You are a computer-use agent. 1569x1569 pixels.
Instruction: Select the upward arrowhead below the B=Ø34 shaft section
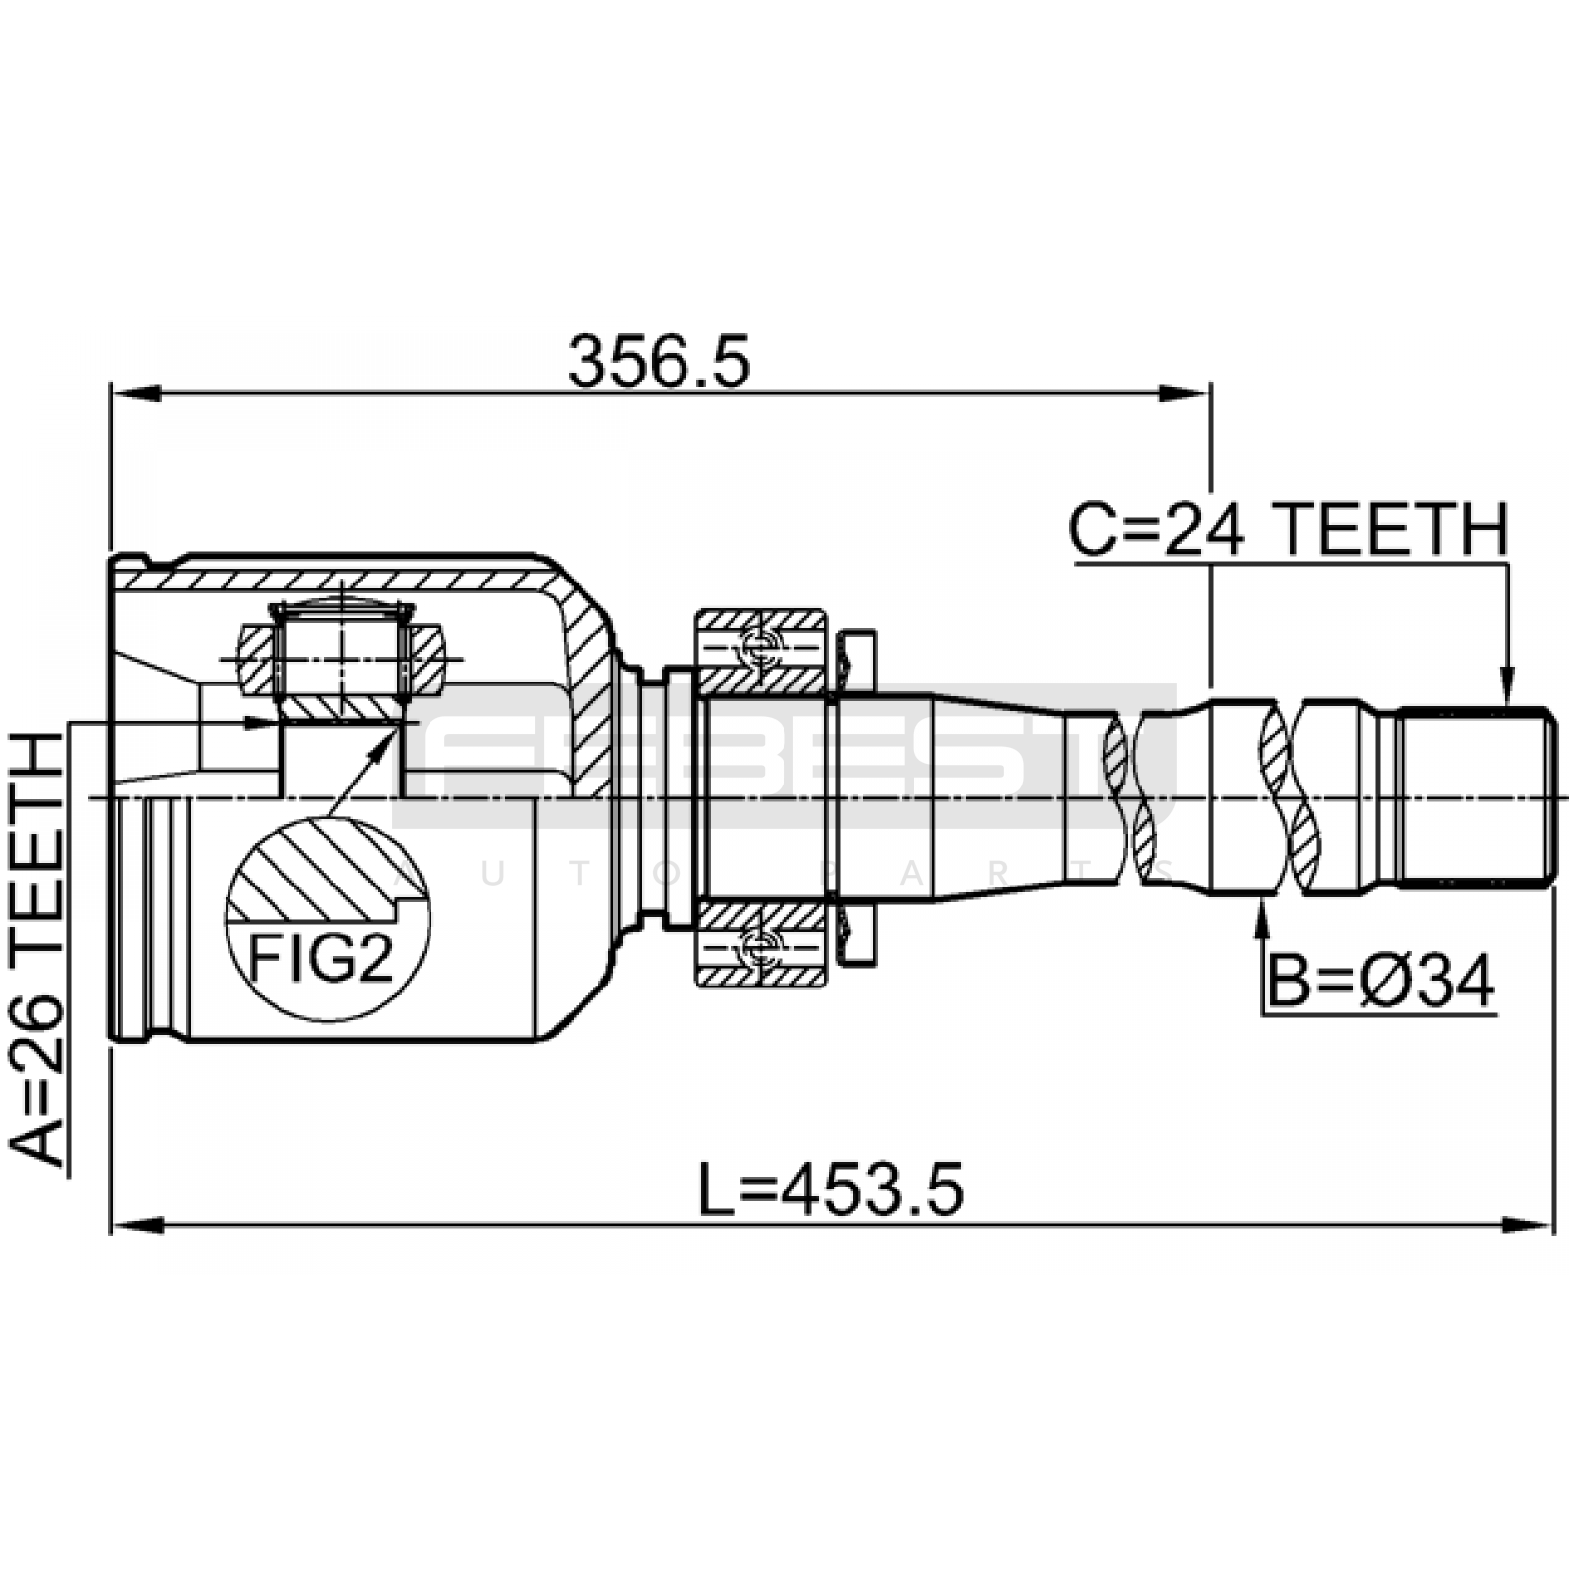pos(1262,914)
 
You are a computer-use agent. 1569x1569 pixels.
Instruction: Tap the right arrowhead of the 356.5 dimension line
pos(1186,393)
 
